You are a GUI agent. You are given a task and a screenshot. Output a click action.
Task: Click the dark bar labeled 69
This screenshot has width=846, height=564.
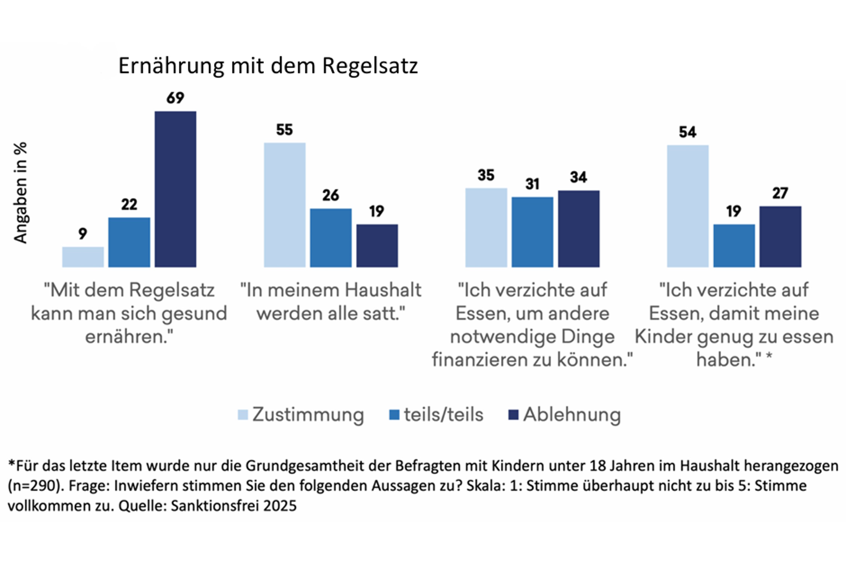(x=175, y=189)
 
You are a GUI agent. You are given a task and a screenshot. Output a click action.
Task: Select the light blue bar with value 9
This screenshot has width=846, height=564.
(x=83, y=257)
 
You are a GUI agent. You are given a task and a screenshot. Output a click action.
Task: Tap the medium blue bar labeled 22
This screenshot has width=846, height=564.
(x=129, y=242)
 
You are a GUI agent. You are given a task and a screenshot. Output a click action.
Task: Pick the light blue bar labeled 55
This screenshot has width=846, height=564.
(x=285, y=205)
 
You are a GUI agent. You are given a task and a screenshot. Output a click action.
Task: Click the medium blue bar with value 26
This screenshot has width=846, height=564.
(x=331, y=238)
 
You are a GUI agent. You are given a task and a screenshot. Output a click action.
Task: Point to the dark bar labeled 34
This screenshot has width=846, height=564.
(x=579, y=229)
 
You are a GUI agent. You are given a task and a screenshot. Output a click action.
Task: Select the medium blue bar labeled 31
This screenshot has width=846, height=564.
(x=532, y=232)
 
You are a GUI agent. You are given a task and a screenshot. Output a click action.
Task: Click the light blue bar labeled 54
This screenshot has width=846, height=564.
(x=688, y=206)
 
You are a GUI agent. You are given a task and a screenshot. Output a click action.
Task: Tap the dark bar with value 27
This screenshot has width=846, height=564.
(x=780, y=237)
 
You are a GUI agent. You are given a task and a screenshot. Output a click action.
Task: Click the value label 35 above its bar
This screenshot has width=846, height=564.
(x=486, y=175)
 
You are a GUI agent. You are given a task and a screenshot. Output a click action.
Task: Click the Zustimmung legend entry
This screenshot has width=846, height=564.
(x=301, y=415)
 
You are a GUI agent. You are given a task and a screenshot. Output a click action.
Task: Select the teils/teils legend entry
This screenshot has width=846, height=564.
(x=436, y=415)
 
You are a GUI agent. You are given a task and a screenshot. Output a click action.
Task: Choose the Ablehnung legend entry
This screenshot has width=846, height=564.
(x=564, y=415)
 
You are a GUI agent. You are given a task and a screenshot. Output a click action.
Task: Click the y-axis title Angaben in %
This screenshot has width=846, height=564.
(x=21, y=193)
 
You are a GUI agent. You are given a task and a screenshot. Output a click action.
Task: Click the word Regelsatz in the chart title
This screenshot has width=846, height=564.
(x=370, y=66)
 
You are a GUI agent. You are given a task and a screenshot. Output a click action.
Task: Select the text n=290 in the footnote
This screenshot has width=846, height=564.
(x=34, y=486)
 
